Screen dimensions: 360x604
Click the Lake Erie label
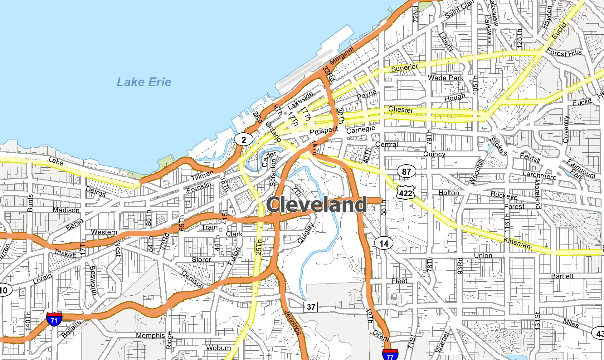(144, 82)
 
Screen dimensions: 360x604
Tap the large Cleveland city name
(316, 205)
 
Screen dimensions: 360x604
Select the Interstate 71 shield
(54, 319)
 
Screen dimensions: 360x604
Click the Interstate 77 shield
(390, 355)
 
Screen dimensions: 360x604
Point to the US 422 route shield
(406, 193)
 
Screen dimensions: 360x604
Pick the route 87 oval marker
(406, 171)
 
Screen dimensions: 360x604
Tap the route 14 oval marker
(384, 244)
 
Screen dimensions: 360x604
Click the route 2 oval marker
(244, 140)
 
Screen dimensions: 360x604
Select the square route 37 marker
(311, 307)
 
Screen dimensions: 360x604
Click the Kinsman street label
(517, 243)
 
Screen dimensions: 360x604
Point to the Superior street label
(404, 68)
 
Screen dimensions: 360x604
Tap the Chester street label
(401, 110)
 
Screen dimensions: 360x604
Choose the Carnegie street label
(361, 130)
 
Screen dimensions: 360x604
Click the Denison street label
(192, 279)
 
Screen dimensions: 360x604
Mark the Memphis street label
(150, 335)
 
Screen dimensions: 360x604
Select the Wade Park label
(446, 78)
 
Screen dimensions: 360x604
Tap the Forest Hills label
(564, 53)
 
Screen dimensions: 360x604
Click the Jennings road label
(293, 323)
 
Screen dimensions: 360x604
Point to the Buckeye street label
(504, 195)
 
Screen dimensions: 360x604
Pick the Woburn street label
(218, 348)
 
